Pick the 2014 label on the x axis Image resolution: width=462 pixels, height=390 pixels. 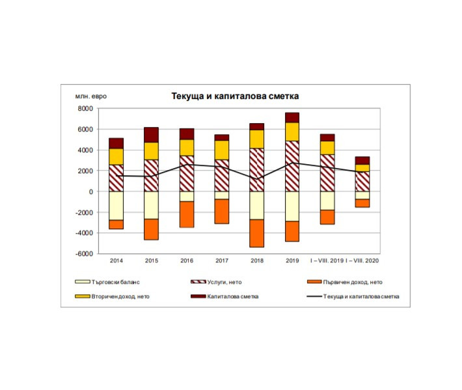116,261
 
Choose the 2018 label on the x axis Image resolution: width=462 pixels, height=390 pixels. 257,261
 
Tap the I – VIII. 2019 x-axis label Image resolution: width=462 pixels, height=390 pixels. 327,261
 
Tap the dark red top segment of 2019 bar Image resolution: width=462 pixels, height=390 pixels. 292,117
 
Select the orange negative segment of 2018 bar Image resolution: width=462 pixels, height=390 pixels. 257,233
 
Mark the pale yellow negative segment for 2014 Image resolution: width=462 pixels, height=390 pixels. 116,206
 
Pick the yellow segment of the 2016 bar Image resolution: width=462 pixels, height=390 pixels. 187,147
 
